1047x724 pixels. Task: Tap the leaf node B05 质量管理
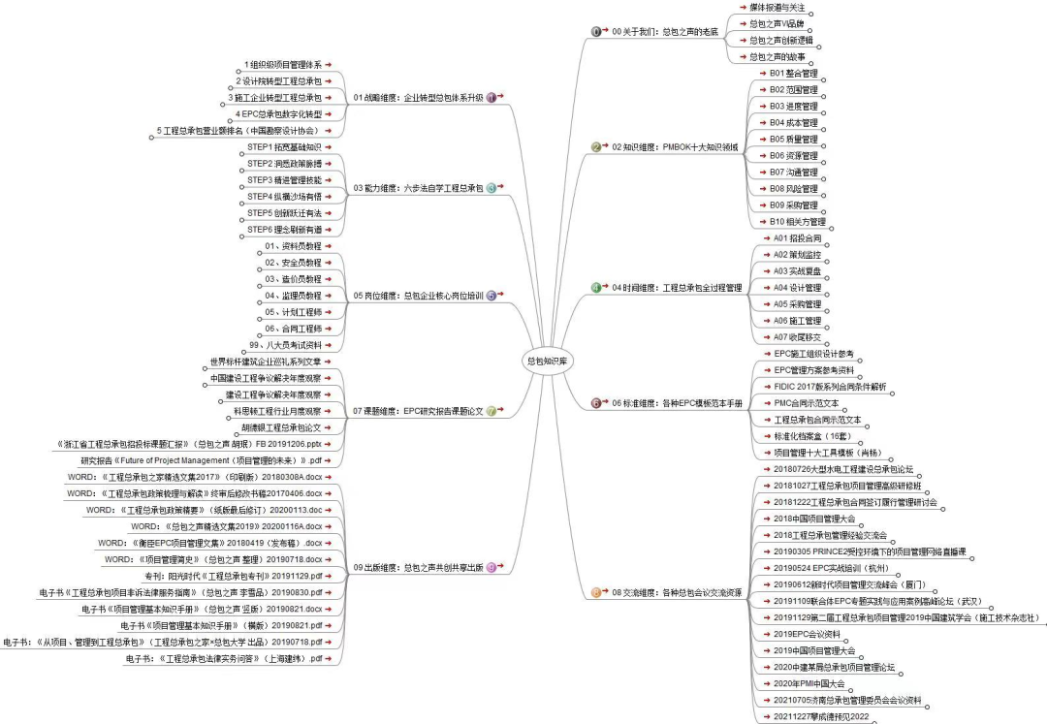point(793,139)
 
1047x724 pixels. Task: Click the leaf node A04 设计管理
point(797,287)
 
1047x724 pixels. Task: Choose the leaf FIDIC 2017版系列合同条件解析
point(830,386)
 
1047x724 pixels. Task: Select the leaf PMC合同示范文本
point(806,402)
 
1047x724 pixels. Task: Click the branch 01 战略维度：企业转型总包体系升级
point(418,98)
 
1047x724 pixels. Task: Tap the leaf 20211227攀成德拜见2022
point(821,716)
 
